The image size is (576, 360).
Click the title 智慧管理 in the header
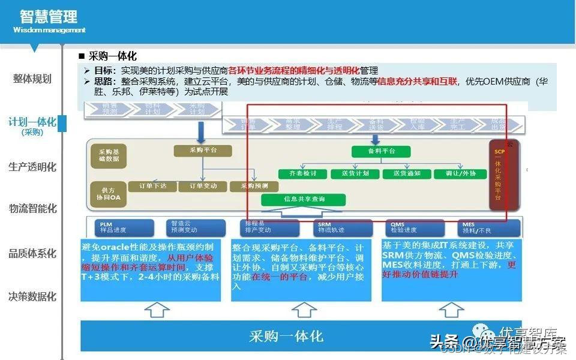coord(48,16)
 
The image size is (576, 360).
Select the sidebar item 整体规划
coord(32,79)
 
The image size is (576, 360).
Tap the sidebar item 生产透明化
coord(32,167)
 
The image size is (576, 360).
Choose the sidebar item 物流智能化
coord(32,209)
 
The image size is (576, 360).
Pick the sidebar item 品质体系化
coord(32,253)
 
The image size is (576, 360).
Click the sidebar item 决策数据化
coord(32,296)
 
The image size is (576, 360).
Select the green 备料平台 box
coord(381,152)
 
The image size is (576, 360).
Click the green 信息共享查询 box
coord(304,199)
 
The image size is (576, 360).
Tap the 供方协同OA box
coord(109,193)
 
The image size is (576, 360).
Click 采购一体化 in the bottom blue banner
coord(286,336)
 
